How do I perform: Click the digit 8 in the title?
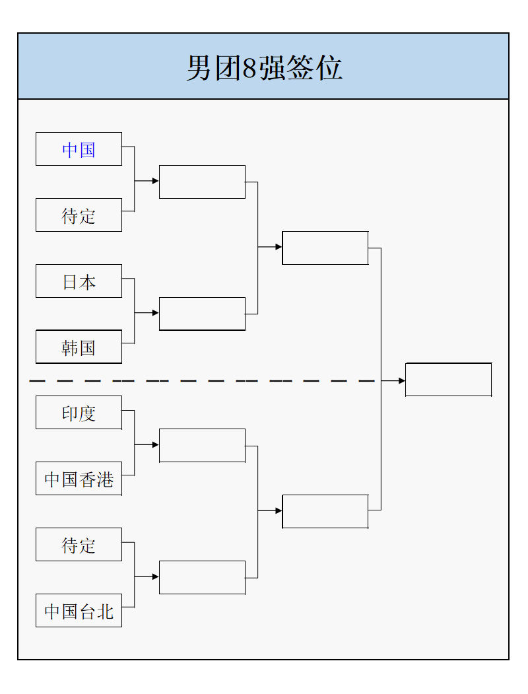coord(249,68)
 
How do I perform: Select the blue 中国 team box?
coord(79,149)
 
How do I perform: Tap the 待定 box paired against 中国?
coord(79,215)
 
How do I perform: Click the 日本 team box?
coord(79,281)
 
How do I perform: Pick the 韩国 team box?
coord(79,347)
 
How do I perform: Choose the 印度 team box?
coord(79,413)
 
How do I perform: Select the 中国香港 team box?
coord(79,479)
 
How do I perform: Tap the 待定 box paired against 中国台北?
coord(79,545)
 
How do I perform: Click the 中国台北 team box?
coord(79,611)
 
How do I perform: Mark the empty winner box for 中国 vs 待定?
coord(202,182)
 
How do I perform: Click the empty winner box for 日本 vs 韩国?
coord(202,314)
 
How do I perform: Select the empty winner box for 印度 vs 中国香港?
coord(202,446)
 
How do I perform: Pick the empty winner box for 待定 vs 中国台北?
coord(202,578)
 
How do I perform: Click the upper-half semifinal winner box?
coord(325,248)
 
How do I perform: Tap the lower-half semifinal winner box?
coord(325,512)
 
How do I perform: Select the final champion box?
coord(448,380)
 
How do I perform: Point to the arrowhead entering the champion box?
coord(402,381)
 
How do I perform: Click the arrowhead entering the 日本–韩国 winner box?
coord(156,313)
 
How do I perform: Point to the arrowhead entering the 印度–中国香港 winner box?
coord(156,445)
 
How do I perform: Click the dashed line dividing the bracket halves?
coord(198,381)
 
